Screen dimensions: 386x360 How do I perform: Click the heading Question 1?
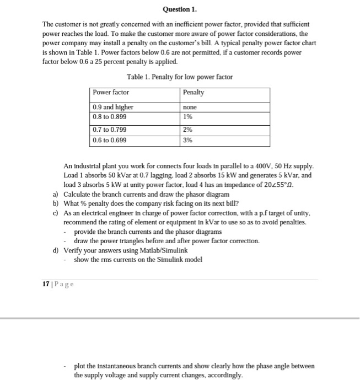tap(180, 9)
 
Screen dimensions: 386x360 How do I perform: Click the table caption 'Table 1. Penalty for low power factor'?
tap(180, 77)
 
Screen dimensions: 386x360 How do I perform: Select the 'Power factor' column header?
tap(111, 92)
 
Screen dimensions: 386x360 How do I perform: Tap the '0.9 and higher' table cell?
tap(113, 108)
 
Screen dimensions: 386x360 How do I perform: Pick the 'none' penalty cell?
tap(190, 108)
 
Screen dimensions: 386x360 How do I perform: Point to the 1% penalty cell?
tap(187, 117)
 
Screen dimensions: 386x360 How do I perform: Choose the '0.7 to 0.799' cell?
tap(110, 130)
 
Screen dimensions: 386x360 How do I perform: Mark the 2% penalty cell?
tap(187, 130)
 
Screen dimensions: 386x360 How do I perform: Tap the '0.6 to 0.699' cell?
tap(110, 140)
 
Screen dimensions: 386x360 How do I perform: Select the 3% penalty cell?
tap(187, 140)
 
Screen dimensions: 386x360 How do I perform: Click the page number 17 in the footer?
tap(45, 285)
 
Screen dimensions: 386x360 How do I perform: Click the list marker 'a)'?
tap(56, 195)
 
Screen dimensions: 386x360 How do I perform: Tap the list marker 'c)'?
tap(56, 213)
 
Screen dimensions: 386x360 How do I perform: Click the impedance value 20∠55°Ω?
tap(283, 185)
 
